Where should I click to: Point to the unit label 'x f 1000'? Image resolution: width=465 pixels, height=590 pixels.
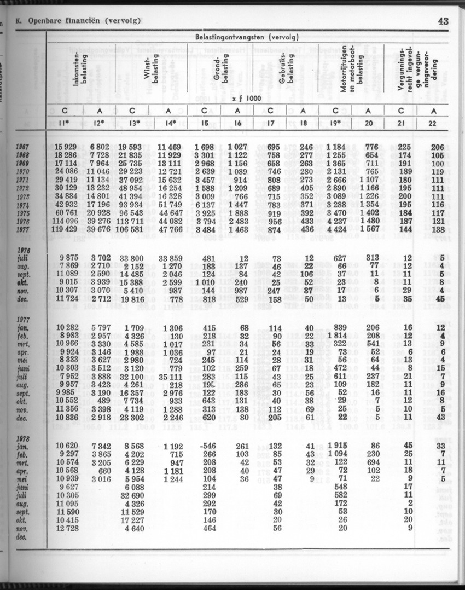[245, 99]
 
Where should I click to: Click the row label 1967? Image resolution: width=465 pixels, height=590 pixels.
[23, 146]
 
